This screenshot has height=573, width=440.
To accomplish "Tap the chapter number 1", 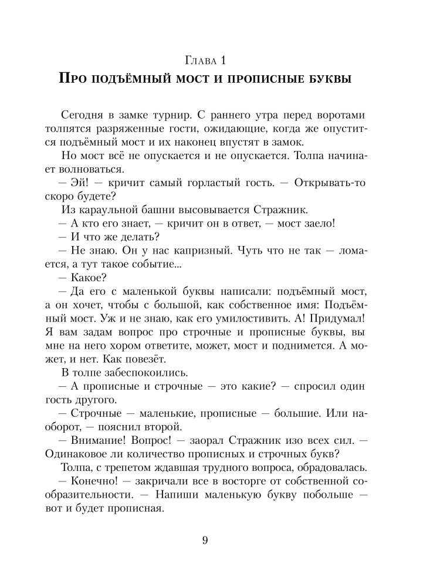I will [x=223, y=60].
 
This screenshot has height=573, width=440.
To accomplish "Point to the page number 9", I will [x=205, y=541].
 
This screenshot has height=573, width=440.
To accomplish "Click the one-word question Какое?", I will [x=89, y=278].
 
